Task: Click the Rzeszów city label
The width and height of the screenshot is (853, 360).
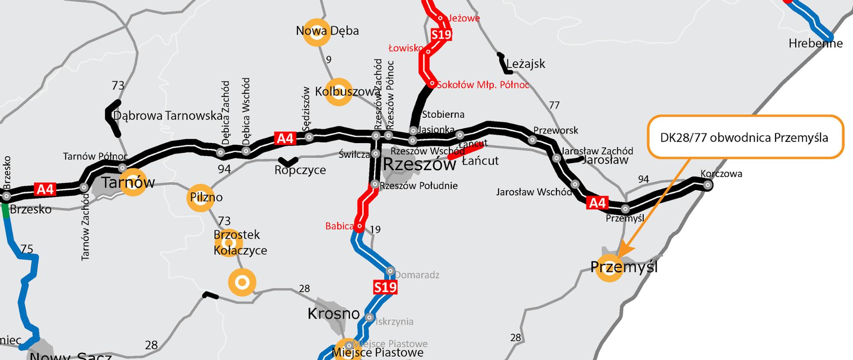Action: coord(419,164)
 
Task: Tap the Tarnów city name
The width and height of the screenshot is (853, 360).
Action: coord(128,182)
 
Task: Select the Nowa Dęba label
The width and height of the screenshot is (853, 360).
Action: coord(327,31)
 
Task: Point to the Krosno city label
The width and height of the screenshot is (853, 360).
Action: coord(334,314)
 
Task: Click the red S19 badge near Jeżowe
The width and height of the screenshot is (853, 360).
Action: coord(441,34)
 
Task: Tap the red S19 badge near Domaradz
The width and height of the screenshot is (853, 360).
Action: coord(385,288)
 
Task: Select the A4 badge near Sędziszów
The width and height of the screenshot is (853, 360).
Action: coord(285,138)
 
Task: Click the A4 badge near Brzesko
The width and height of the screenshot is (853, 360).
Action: coord(45,190)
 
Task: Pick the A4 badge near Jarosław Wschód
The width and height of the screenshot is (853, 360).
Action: coord(597,203)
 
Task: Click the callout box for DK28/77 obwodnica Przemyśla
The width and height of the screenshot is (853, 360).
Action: coord(745,137)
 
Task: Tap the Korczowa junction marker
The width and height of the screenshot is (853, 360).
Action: coord(708,185)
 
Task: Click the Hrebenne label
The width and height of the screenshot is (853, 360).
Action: coord(816,44)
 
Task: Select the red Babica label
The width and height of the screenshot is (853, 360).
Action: coord(339,226)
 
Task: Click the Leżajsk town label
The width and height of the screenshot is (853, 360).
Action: coord(526,64)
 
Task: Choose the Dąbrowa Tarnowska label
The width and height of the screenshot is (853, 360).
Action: coord(168,116)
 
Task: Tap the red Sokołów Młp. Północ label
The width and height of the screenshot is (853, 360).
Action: coord(483,85)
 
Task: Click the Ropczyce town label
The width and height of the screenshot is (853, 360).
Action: coord(300,170)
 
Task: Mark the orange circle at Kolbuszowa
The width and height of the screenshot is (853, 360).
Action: coord(339,92)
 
